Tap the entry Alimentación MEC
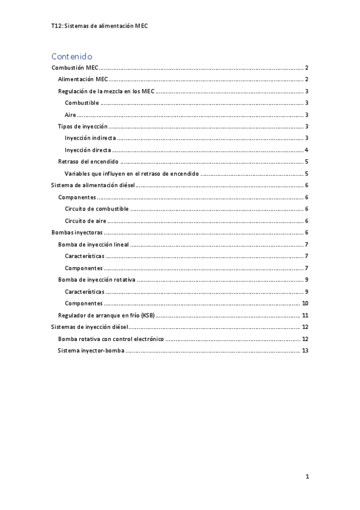pyautogui.click(x=83, y=80)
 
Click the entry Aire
pyautogui.click(x=71, y=115)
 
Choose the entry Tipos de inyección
pyautogui.click(x=83, y=126)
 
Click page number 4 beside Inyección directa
pyautogui.click(x=307, y=150)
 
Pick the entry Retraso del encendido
pyautogui.click(x=88, y=162)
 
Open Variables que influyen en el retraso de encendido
pyautogui.click(x=132, y=173)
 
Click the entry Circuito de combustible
pyautogui.click(x=96, y=209)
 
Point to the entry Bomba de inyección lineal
pyautogui.click(x=93, y=244)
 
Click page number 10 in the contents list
pyautogui.click(x=305, y=303)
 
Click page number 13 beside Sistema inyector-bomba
pyautogui.click(x=305, y=350)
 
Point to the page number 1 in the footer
pyautogui.click(x=307, y=477)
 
